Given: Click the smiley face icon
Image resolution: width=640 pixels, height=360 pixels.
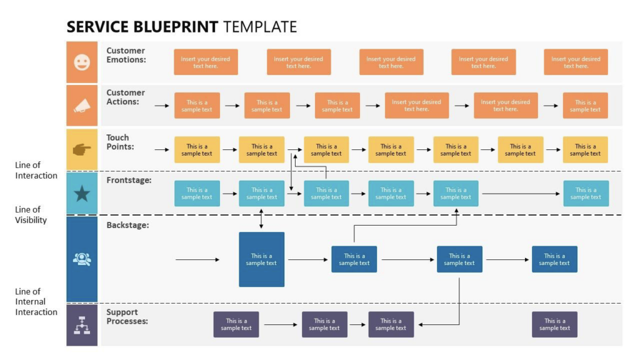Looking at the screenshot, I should point(82,62).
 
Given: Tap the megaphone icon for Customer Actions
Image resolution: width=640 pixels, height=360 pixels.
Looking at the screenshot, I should point(82,107).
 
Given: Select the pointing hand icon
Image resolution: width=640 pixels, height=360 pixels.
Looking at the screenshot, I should point(82,149).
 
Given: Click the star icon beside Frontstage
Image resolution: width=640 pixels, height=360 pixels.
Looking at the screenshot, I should point(82,194).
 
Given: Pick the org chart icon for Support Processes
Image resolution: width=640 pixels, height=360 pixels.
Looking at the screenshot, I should point(82,324).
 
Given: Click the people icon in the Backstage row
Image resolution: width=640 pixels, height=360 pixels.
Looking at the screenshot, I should point(82,259).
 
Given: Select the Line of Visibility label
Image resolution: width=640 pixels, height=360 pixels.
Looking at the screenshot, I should point(31,214).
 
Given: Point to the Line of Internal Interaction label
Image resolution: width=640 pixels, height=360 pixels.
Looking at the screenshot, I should point(36,301).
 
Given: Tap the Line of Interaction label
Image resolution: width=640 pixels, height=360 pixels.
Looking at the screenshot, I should point(36,170).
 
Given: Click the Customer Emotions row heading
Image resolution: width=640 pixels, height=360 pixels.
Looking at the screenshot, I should point(126,55).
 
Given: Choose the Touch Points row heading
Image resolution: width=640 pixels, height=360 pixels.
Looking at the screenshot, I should point(120,142).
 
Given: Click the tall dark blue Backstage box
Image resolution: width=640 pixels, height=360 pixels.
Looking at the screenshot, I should point(261,259).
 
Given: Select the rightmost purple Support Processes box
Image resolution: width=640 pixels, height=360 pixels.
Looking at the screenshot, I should point(554,324).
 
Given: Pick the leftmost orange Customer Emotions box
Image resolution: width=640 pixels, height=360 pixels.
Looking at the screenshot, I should point(206,62).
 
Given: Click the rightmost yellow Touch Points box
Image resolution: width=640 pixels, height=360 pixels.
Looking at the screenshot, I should point(585,150).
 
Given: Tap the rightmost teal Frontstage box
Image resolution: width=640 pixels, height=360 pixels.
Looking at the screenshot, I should point(585,194).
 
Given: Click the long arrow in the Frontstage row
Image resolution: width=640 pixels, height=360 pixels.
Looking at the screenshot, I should point(521,194).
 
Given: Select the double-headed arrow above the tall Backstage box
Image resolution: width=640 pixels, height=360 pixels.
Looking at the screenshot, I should point(261,219).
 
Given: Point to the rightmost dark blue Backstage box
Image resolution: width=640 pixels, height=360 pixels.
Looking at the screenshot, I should point(554,259).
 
